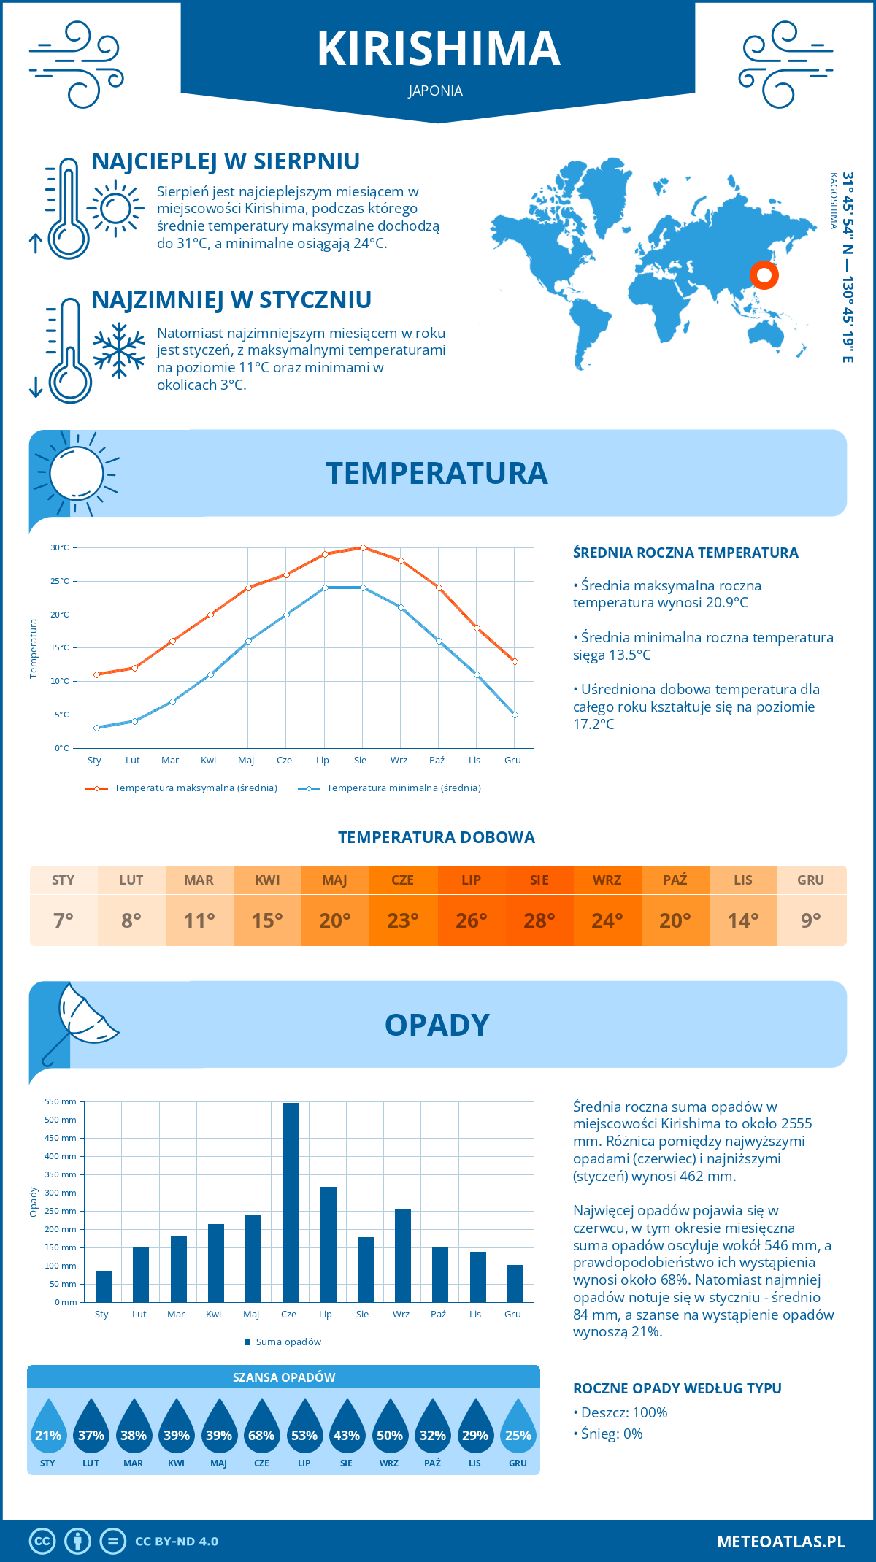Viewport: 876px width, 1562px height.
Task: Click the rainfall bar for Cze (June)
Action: (x=291, y=1202)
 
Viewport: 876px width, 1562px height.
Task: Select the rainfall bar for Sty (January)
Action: (x=104, y=1287)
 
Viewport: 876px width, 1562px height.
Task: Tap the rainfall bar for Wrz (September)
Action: (x=403, y=1255)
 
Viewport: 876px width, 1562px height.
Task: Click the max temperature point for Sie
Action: (x=363, y=547)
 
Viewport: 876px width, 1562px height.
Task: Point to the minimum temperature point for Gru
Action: (x=515, y=715)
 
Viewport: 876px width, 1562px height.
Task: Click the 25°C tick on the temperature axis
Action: (x=60, y=582)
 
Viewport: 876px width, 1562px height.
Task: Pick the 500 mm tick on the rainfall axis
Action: (x=61, y=1120)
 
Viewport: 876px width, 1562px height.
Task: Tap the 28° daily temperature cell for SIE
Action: (x=539, y=920)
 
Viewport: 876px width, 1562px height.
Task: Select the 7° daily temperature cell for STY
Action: (x=64, y=920)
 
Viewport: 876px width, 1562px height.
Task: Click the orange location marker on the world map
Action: (x=764, y=275)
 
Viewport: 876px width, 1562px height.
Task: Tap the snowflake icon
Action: (x=119, y=350)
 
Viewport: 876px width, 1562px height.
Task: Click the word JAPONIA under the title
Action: (x=436, y=91)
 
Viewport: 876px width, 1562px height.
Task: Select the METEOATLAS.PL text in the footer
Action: (x=780, y=1542)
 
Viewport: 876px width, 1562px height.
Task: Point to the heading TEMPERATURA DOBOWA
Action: (x=437, y=838)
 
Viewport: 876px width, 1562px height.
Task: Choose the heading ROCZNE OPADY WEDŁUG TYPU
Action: (x=677, y=1388)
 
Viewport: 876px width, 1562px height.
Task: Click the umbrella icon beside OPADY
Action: (x=80, y=1022)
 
